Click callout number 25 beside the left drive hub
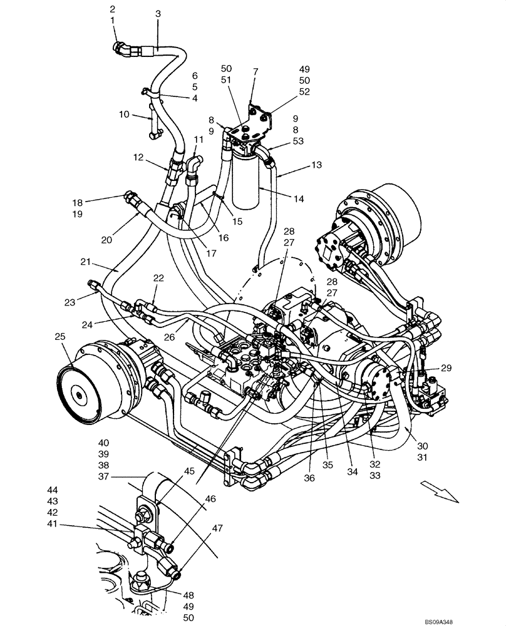pyautogui.click(x=59, y=337)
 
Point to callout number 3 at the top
pyautogui.click(x=158, y=13)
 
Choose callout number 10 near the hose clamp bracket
pyautogui.click(x=124, y=114)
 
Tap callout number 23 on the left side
pyautogui.click(x=69, y=302)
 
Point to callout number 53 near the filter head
pyautogui.click(x=297, y=141)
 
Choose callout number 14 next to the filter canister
pyautogui.click(x=298, y=199)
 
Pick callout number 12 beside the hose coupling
pyautogui.click(x=137, y=157)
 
